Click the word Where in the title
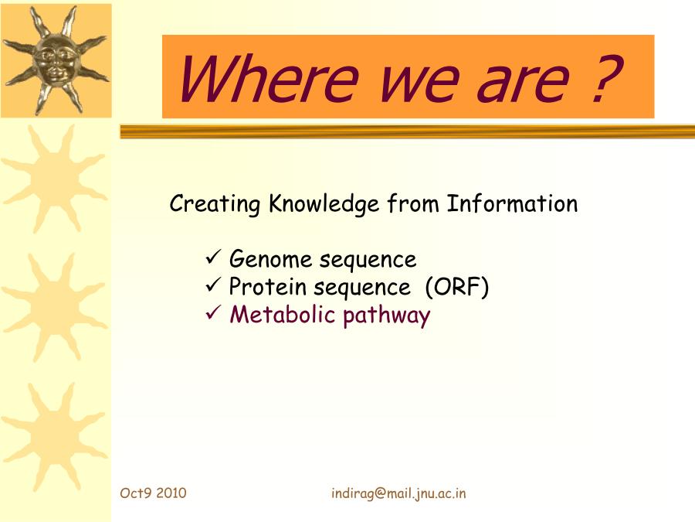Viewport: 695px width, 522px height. coord(268,79)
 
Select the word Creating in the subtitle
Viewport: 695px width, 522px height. coord(215,205)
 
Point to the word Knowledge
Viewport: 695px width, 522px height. coord(324,204)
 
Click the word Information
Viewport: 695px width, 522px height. coord(512,203)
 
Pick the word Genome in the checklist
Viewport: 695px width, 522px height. coord(270,259)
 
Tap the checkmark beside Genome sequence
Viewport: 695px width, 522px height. coord(213,258)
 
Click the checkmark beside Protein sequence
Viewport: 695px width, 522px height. coord(213,285)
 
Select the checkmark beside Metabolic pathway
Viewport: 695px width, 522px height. coord(213,313)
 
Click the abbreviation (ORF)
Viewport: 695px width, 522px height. coord(456,287)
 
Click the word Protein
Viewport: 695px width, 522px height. coord(267,286)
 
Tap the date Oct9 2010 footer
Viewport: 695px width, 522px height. coord(153,493)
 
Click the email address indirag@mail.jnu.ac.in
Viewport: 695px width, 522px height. coord(398,493)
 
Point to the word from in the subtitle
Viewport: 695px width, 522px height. coord(413,203)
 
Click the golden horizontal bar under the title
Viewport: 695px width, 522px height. coord(407,131)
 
